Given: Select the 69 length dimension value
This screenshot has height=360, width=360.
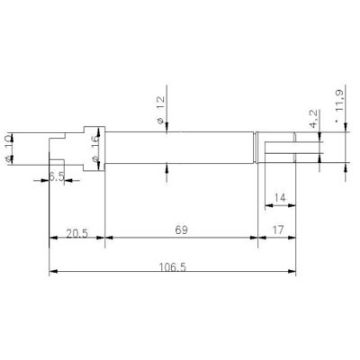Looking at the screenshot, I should (180, 230).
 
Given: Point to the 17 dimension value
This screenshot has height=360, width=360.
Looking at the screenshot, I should (280, 230).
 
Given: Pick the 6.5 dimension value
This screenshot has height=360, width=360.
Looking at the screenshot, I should (59, 176).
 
